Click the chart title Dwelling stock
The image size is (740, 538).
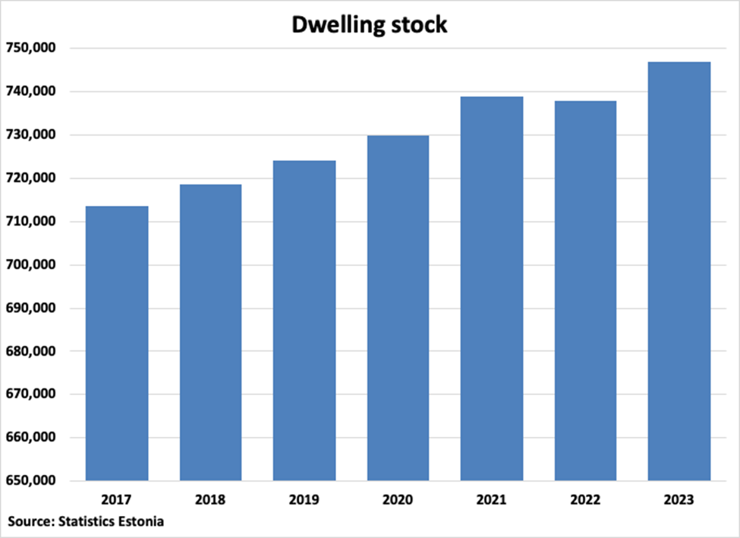370,25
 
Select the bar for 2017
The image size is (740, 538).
117,343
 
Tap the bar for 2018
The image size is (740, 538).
210,333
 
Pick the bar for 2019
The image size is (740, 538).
304,321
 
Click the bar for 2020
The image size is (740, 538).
398,308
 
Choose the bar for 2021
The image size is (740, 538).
492,289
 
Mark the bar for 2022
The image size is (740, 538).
585,291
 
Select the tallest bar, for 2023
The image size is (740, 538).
679,271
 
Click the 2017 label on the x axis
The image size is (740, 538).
117,501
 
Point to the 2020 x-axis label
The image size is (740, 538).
398,501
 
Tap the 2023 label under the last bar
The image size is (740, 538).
679,501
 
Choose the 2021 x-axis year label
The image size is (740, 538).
492,501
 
